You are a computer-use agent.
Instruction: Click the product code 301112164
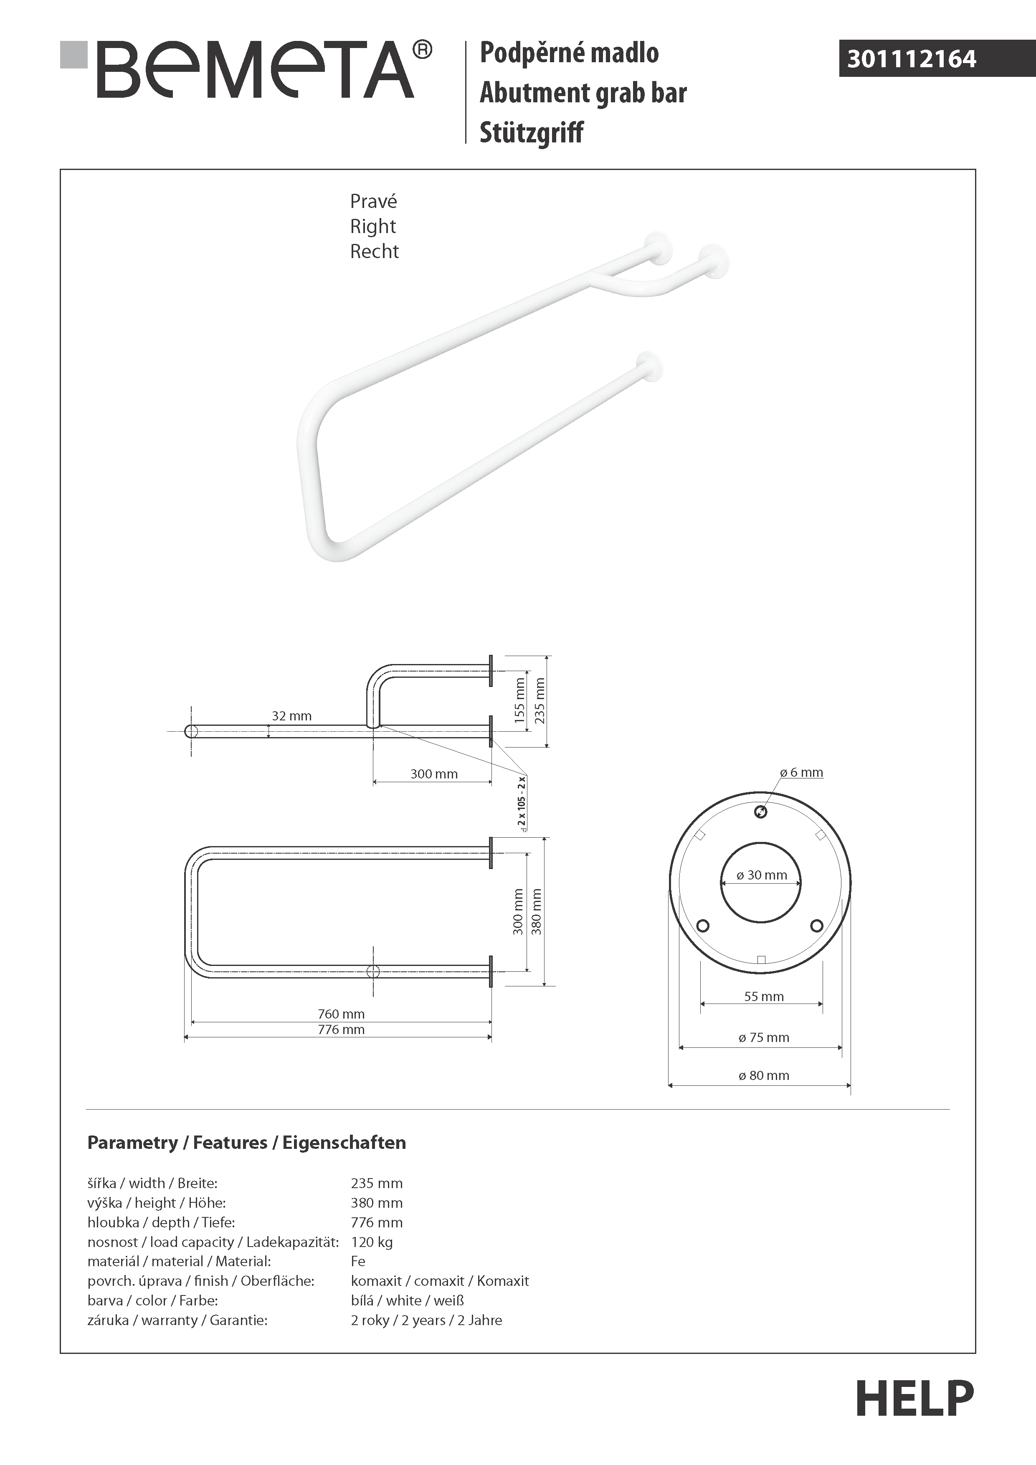[x=911, y=59]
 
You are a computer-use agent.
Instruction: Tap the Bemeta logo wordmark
[x=255, y=70]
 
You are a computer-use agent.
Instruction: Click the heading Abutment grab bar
[x=583, y=93]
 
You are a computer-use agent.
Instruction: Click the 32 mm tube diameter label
[x=291, y=716]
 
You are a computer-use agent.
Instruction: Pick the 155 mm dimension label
[x=520, y=700]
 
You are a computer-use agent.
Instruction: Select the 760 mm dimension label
[x=341, y=1014]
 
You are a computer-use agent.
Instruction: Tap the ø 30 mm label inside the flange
[x=762, y=875]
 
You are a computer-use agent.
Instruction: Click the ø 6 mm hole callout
[x=802, y=773]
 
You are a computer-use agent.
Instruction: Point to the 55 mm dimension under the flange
[x=764, y=997]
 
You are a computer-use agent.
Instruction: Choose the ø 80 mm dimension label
[x=764, y=1076]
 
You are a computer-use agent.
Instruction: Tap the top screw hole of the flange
[x=760, y=811]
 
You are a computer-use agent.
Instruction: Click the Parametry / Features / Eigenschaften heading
[x=246, y=1143]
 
